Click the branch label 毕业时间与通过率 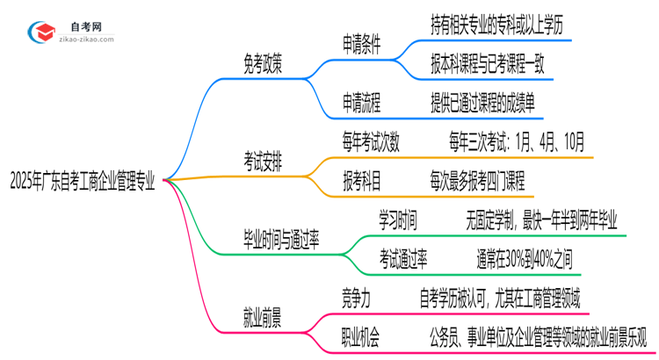click(281, 239)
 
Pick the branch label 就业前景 click(263, 314)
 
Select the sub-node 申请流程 click(362, 104)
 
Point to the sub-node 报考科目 click(362, 181)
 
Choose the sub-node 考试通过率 click(403, 257)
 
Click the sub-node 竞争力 click(356, 297)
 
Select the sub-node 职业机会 click(362, 335)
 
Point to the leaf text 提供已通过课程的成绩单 click(482, 104)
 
